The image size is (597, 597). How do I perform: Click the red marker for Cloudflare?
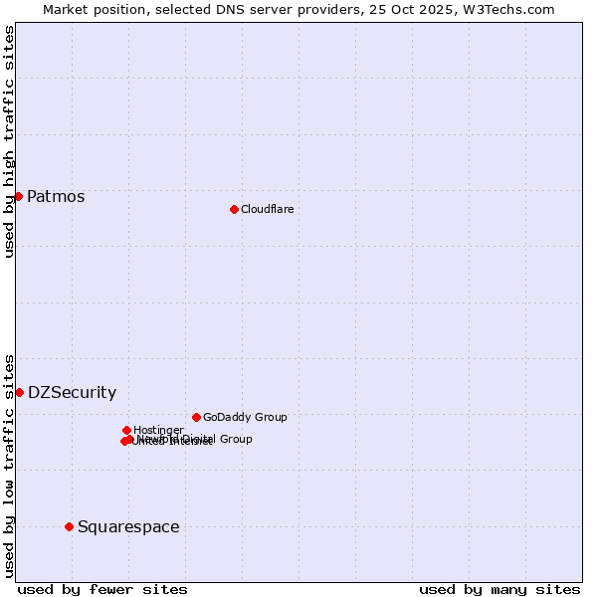pos(234,209)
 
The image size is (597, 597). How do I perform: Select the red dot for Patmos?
pos(18,196)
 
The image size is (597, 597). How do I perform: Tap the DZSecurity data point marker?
pos(19,392)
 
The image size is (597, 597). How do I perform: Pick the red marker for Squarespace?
pos(69,526)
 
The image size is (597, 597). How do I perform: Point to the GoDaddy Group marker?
pos(196,417)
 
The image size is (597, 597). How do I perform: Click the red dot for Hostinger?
pos(126,430)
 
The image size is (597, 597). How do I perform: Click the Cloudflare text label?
pos(267,209)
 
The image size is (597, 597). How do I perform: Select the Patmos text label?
pos(56,196)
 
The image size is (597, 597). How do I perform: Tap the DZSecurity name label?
pos(72,392)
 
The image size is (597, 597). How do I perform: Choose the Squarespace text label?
pos(128,526)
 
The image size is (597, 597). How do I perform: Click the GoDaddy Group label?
pos(245,417)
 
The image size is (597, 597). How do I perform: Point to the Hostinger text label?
pos(158,430)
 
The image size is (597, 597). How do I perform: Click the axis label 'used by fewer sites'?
pos(102,589)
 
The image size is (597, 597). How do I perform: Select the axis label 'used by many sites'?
pos(499,589)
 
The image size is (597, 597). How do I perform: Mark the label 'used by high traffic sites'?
pos(9,141)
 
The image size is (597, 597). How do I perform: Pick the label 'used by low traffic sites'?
pos(9,465)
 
